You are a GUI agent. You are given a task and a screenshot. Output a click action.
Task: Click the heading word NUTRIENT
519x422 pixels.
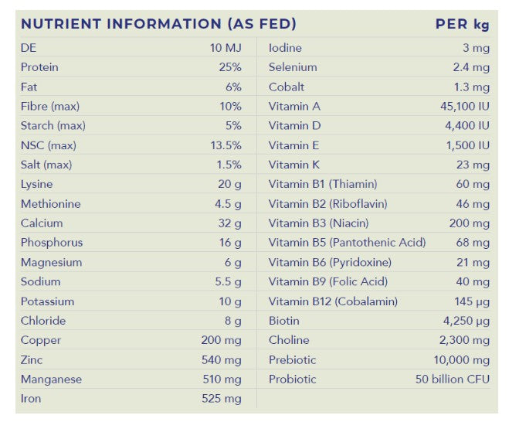[x=61, y=24]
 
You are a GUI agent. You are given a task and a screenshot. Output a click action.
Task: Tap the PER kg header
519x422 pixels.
[x=462, y=24]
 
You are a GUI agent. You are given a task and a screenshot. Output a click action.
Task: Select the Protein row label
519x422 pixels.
[x=39, y=67]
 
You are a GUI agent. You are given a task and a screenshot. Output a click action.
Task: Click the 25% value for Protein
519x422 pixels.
[x=230, y=67]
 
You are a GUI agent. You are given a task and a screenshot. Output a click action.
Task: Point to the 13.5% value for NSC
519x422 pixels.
[x=226, y=145]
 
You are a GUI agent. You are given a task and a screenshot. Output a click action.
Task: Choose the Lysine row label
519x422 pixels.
[x=37, y=185]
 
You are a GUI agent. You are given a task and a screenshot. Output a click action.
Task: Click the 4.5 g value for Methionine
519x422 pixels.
[x=228, y=204]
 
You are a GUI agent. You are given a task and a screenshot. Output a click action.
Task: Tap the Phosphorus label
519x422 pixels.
[x=52, y=243]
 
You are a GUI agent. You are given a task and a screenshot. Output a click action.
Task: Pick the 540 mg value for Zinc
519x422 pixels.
[x=222, y=360]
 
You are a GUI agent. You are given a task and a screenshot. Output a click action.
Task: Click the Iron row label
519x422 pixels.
[x=31, y=399]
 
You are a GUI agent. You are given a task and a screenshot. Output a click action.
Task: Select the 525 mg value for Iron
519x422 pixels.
[x=222, y=399]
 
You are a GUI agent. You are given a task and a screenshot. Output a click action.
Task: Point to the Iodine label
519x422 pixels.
[x=285, y=48]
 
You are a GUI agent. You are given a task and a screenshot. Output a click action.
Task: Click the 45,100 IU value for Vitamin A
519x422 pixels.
[x=465, y=107]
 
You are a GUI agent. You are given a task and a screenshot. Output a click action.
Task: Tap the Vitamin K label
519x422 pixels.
[x=294, y=165]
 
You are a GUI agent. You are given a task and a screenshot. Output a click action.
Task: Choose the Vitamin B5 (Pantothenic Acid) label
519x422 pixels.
[x=348, y=243]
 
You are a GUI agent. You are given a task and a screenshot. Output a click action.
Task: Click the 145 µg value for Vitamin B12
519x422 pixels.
[x=472, y=301]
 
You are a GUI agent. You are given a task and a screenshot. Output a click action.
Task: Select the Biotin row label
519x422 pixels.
[x=284, y=321]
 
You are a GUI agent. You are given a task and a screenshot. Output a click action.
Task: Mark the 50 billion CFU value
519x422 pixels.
[x=453, y=379]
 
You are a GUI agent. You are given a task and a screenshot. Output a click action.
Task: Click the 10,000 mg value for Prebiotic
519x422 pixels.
[x=461, y=360]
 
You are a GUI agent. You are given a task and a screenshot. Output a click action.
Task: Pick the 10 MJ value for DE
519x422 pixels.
[x=226, y=48]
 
